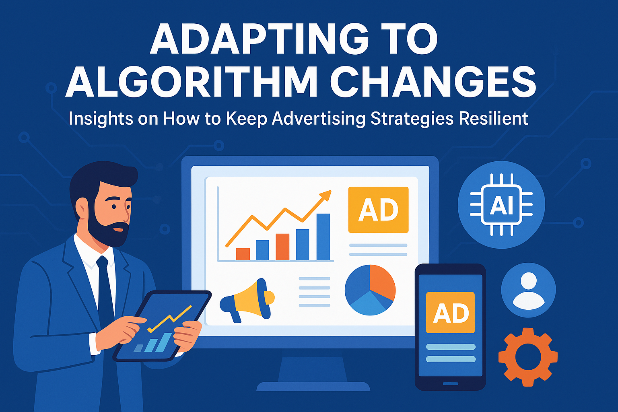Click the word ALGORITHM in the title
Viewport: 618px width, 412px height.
[x=191, y=82]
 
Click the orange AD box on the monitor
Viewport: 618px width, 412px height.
[x=378, y=210]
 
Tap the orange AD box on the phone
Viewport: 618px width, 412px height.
[x=450, y=312]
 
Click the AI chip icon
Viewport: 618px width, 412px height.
[x=501, y=205]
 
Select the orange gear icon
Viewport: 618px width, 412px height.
[x=528, y=357]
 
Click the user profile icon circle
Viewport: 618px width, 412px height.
[x=528, y=290]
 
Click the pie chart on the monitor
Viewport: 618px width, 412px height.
[x=370, y=290]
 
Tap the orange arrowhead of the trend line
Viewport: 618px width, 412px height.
[x=326, y=195]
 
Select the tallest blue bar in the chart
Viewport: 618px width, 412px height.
[x=323, y=237]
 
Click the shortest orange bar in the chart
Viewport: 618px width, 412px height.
[x=243, y=254]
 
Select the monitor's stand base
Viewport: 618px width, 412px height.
[x=313, y=386]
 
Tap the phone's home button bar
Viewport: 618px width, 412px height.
[x=450, y=383]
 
